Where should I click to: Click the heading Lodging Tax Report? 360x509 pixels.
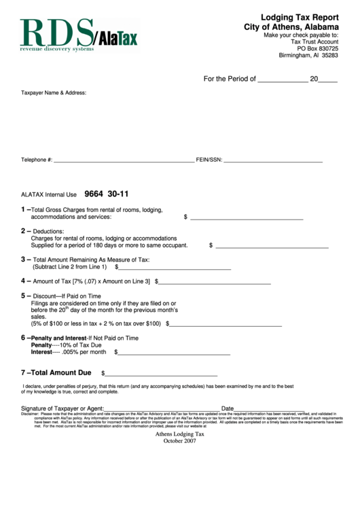(x=300, y=17)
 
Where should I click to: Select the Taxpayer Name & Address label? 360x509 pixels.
(x=54, y=92)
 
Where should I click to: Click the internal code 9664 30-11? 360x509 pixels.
(x=107, y=194)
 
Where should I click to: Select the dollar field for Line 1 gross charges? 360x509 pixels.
(x=246, y=217)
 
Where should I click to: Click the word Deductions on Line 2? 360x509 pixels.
(x=48, y=232)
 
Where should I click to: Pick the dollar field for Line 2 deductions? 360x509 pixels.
(x=272, y=245)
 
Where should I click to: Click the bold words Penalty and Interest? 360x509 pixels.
(x=58, y=338)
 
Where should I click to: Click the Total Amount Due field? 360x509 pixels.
(x=161, y=373)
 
